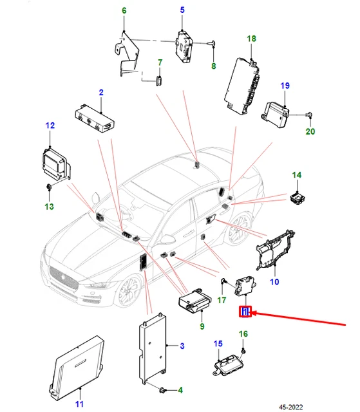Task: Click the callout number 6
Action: pyautogui.click(x=124, y=10)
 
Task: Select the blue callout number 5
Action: pyautogui.click(x=182, y=10)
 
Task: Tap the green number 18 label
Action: pyautogui.click(x=251, y=39)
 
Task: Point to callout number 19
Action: pyautogui.click(x=285, y=86)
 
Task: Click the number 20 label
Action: pyautogui.click(x=310, y=131)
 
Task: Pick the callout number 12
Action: pyautogui.click(x=50, y=126)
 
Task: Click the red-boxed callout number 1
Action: pyautogui.click(x=245, y=312)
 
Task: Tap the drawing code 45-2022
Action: pyautogui.click(x=290, y=407)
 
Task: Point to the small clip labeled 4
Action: pyautogui.click(x=163, y=390)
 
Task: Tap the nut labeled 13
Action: pyautogui.click(x=48, y=187)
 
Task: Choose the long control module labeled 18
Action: pyautogui.click(x=242, y=86)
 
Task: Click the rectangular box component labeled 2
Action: pyautogui.click(x=95, y=117)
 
